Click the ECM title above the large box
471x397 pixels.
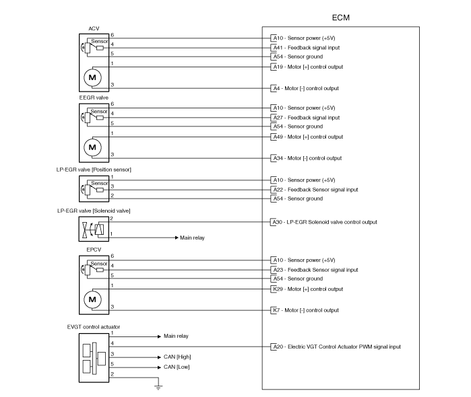pyautogui.click(x=341, y=17)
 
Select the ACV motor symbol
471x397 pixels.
pyautogui.click(x=92, y=77)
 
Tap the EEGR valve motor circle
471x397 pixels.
pyautogui.click(x=92, y=147)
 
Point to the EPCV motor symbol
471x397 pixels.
pyautogui.click(x=92, y=299)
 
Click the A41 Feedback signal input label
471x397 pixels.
pyautogui.click(x=307, y=48)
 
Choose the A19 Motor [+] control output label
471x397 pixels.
pyautogui.click(x=308, y=67)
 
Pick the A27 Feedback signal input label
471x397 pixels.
pyautogui.click(x=307, y=118)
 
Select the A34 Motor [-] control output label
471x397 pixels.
pyautogui.click(x=307, y=158)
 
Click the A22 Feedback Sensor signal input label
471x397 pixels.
pyautogui.click(x=316, y=190)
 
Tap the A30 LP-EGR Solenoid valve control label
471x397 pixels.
pyautogui.click(x=325, y=222)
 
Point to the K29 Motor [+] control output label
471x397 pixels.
pyautogui.click(x=308, y=289)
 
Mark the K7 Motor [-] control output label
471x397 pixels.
pyautogui.click(x=306, y=310)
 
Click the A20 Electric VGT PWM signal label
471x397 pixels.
pyautogui.click(x=337, y=347)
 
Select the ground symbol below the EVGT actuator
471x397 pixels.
pyautogui.click(x=158, y=386)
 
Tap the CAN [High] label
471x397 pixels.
pyautogui.click(x=177, y=357)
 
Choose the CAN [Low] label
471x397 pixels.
pyautogui.click(x=177, y=367)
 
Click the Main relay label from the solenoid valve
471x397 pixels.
pyautogui.click(x=192, y=238)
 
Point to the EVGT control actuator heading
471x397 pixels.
pyautogui.click(x=94, y=327)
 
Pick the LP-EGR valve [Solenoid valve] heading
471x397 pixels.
pyautogui.click(x=94, y=211)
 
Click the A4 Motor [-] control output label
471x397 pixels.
pyautogui.click(x=306, y=89)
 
